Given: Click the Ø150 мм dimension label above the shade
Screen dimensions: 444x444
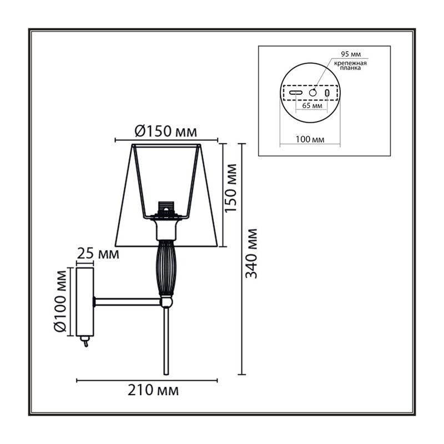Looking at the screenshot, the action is coord(165,132).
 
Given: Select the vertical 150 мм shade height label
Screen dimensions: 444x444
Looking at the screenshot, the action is coord(230,188).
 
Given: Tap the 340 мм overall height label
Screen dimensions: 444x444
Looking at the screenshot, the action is coord(251,254).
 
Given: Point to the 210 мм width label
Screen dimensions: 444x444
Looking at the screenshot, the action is coord(153,390).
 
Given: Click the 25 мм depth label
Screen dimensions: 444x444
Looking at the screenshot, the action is coord(98,254).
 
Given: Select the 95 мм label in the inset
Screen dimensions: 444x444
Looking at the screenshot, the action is coord(351,54).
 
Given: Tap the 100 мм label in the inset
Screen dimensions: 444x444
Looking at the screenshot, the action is coord(310,139).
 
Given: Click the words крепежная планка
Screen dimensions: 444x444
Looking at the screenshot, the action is coord(350,65).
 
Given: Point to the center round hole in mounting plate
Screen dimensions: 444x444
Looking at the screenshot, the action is coord(312,93).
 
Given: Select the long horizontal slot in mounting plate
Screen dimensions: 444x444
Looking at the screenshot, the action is coord(296,93).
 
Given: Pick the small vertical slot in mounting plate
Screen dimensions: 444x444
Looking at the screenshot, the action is coord(327,93).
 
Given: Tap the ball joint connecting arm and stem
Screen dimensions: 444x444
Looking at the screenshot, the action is coord(166,301).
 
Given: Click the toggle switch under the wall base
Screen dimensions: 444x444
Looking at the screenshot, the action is coord(84,341).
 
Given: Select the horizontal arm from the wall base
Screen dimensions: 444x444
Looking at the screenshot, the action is coord(128,301).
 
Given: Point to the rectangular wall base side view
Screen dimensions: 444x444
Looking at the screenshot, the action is coord(85,301).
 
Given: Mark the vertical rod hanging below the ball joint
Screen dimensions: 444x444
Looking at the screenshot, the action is coord(166,341).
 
